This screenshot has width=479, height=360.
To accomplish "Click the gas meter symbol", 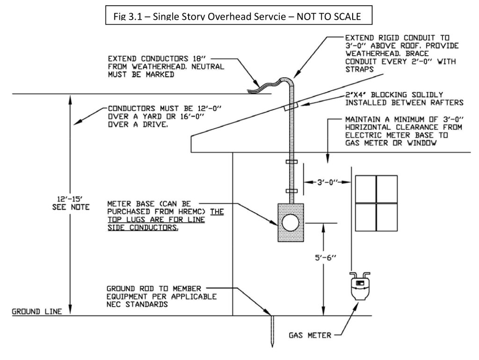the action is [360, 286].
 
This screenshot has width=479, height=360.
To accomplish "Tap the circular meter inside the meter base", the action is [290, 223].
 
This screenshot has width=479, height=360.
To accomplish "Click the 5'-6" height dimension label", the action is [326, 257].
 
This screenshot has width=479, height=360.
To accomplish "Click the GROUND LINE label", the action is [37, 311].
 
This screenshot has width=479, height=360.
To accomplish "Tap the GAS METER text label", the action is [310, 335].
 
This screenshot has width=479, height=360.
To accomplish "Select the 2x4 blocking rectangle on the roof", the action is [291, 106].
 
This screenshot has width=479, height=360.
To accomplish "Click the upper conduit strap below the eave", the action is [291, 162].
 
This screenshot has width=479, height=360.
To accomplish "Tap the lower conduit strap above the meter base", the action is [291, 191].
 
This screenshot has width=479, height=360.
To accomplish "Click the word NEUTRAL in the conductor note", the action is [208, 66].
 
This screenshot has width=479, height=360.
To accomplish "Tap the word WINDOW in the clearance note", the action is [422, 143].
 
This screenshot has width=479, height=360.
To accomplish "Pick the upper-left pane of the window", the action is [366, 189].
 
